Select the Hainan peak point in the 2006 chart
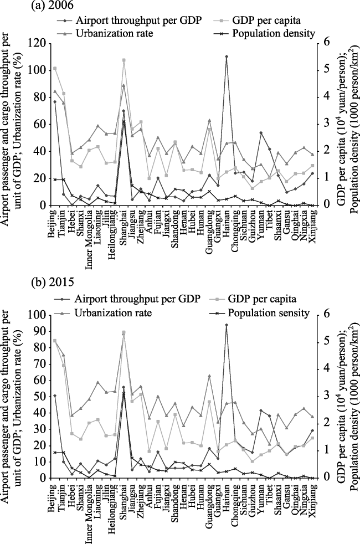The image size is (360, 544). point(226,56)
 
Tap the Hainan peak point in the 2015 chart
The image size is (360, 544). point(226,325)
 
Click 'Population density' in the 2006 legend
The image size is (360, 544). point(273,33)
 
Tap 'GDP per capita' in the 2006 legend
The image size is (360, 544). point(266,20)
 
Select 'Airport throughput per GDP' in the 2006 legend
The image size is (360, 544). point(138,20)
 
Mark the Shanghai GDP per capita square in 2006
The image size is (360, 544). point(124,60)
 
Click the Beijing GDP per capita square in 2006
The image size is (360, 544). point(55,68)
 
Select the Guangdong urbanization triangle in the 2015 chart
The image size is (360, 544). point(209,376)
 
